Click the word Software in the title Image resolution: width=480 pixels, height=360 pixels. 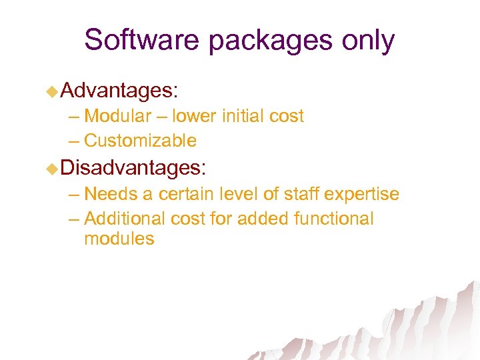[141, 40]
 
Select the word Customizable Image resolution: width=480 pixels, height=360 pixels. [141, 141]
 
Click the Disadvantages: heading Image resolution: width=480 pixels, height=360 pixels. [134, 167]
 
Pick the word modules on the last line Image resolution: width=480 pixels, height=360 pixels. [119, 239]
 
